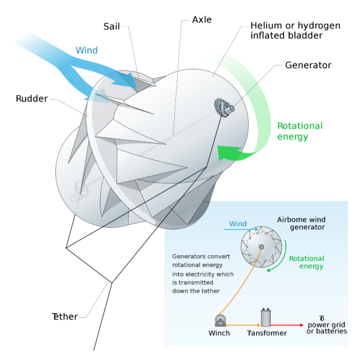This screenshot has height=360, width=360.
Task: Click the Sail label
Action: (x=111, y=27)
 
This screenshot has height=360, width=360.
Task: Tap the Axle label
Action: (x=202, y=20)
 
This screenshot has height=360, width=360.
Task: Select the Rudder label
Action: (x=32, y=99)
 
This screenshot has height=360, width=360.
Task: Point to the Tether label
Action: (x=65, y=317)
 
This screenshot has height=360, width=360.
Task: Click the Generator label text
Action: (x=308, y=65)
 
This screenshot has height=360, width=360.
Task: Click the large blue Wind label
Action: (x=87, y=50)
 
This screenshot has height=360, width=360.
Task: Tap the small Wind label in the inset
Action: (x=238, y=224)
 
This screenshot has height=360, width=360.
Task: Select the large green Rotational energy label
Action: (x=300, y=131)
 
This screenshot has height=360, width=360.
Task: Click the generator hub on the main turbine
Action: (x=224, y=107)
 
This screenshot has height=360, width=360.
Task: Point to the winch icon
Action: (x=220, y=320)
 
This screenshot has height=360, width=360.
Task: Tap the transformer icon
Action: (x=266, y=317)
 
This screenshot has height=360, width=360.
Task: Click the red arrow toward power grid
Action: (x=287, y=325)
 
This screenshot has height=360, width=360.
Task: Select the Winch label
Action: (x=219, y=333)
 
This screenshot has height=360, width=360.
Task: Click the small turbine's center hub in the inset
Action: (x=261, y=247)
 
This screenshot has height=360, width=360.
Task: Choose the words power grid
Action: (x=326, y=325)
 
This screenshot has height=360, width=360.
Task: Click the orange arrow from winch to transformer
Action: (x=243, y=325)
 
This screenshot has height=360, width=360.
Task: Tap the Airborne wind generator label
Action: (x=301, y=223)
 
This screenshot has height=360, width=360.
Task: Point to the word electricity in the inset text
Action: (x=204, y=274)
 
